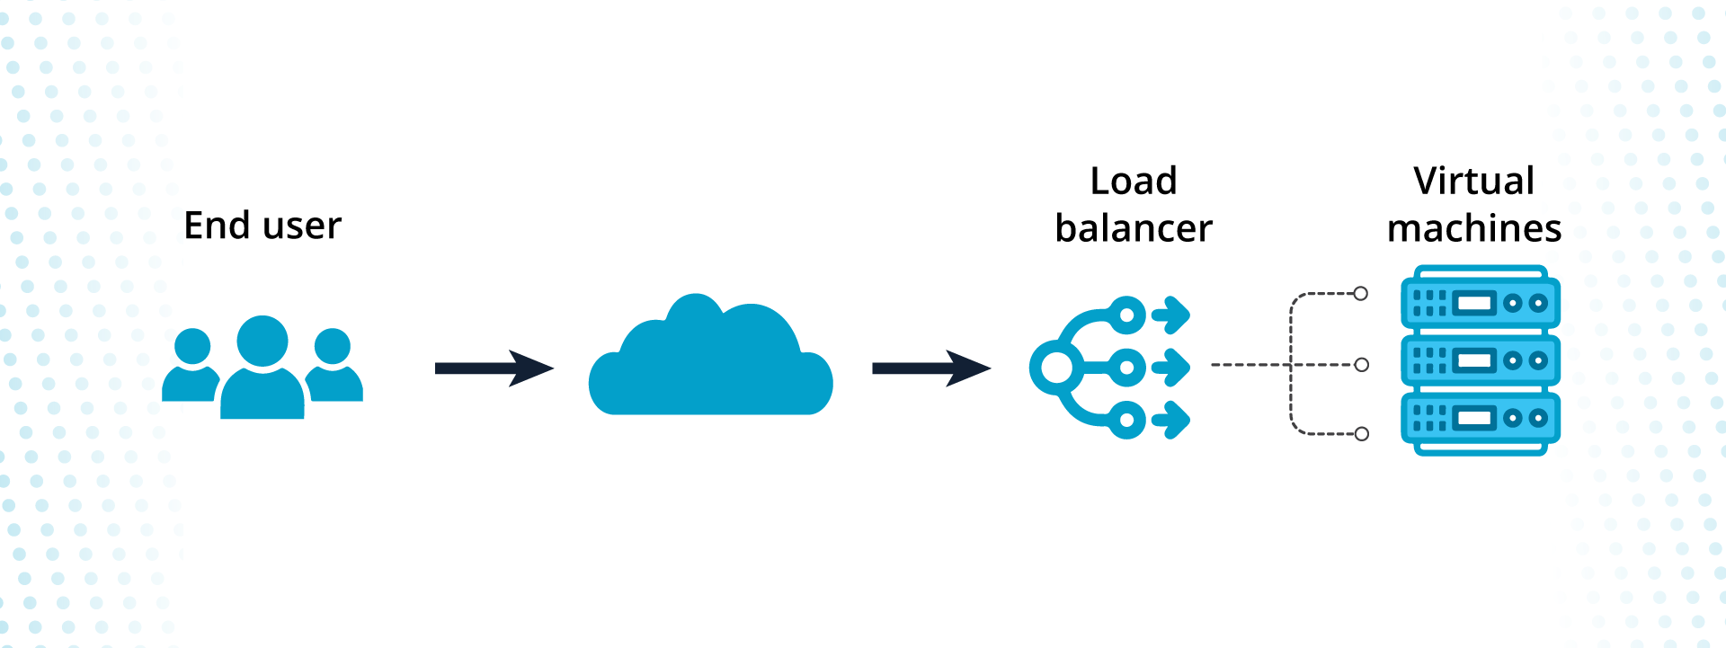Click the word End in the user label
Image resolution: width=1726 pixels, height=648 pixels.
(x=217, y=226)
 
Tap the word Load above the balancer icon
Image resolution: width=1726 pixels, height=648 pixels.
(x=1134, y=182)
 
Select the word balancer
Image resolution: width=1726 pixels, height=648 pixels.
(x=1134, y=228)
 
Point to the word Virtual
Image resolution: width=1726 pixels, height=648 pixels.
(x=1474, y=182)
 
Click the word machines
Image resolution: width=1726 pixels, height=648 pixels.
(x=1474, y=228)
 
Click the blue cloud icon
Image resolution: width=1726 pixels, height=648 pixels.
(x=710, y=364)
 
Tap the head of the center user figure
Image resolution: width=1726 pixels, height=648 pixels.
(x=262, y=342)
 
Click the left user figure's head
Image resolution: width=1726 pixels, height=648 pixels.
(x=192, y=346)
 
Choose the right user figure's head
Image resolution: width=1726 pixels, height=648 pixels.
(x=333, y=346)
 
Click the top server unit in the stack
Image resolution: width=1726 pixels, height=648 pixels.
(x=1481, y=302)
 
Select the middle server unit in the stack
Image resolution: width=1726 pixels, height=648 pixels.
(x=1481, y=360)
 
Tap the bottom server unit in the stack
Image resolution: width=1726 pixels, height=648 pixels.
(x=1481, y=419)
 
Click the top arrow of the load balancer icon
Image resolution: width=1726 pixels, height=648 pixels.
(x=1171, y=315)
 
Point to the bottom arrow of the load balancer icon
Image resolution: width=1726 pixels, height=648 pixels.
(x=1171, y=420)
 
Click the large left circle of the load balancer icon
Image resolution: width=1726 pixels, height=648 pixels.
(x=1056, y=368)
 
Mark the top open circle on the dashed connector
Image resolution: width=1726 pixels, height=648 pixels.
(x=1361, y=294)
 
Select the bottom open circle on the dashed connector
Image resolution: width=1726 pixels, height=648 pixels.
(x=1362, y=434)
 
